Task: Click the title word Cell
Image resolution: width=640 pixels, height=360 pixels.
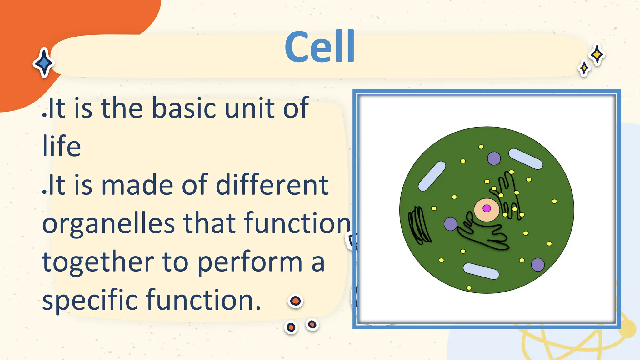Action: (x=320, y=47)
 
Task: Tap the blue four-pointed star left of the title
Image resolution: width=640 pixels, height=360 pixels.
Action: (x=44, y=63)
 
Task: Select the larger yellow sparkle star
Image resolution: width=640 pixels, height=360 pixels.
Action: (x=597, y=55)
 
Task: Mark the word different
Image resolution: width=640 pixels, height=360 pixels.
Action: (x=272, y=185)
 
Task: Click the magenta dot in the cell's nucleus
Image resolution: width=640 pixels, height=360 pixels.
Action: (x=487, y=208)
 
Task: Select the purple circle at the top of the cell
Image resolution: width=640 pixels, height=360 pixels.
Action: (x=494, y=158)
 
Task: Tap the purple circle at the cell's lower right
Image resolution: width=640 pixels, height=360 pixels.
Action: (x=538, y=265)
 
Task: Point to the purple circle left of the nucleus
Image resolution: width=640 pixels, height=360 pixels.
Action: (x=451, y=224)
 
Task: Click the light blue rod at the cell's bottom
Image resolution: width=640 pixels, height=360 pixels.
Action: (x=481, y=271)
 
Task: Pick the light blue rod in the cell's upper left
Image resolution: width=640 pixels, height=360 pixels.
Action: (x=432, y=176)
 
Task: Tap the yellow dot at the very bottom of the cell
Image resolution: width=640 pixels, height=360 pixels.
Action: (x=469, y=288)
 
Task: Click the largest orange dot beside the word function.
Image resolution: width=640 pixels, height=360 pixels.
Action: (x=295, y=301)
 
